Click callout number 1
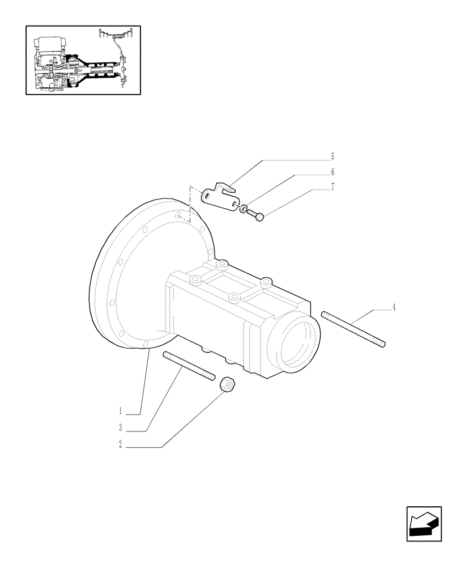tap(121, 411)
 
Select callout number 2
tap(121, 446)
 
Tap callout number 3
tap(121, 428)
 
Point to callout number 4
tap(394, 308)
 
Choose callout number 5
tap(332, 155)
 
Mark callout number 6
tap(332, 171)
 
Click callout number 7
tap(332, 187)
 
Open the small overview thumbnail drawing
tap(83, 60)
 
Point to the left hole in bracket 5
tap(209, 196)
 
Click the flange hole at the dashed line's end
tap(178, 215)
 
